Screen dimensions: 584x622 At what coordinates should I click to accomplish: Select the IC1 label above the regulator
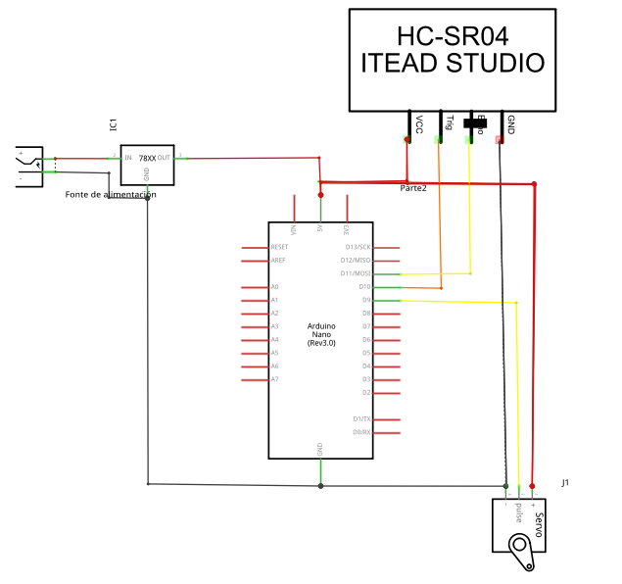tap(113, 124)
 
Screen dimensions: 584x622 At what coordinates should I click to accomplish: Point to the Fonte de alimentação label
tap(111, 194)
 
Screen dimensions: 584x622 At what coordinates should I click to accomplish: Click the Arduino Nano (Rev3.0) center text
tap(321, 334)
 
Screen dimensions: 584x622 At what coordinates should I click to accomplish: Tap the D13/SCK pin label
tap(356, 247)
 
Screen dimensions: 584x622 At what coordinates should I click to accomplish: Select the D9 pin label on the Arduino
tap(365, 300)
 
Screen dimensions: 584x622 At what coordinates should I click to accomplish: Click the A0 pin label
tap(274, 286)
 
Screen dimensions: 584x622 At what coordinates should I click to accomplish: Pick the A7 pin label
tap(274, 379)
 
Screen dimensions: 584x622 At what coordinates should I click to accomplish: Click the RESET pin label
tap(279, 247)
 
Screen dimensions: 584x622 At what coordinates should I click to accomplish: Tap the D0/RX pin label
tap(360, 432)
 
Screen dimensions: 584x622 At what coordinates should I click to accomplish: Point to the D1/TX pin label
tap(360, 418)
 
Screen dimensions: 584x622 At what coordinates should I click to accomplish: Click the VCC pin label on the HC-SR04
tap(419, 123)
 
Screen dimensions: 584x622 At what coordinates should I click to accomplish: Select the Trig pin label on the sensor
tap(449, 122)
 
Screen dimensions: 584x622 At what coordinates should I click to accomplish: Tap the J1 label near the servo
tap(565, 483)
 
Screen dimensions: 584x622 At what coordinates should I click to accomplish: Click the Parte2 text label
tap(413, 188)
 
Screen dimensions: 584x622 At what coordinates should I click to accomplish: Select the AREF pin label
tap(278, 261)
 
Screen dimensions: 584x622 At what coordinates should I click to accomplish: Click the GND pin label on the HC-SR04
tap(510, 123)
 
